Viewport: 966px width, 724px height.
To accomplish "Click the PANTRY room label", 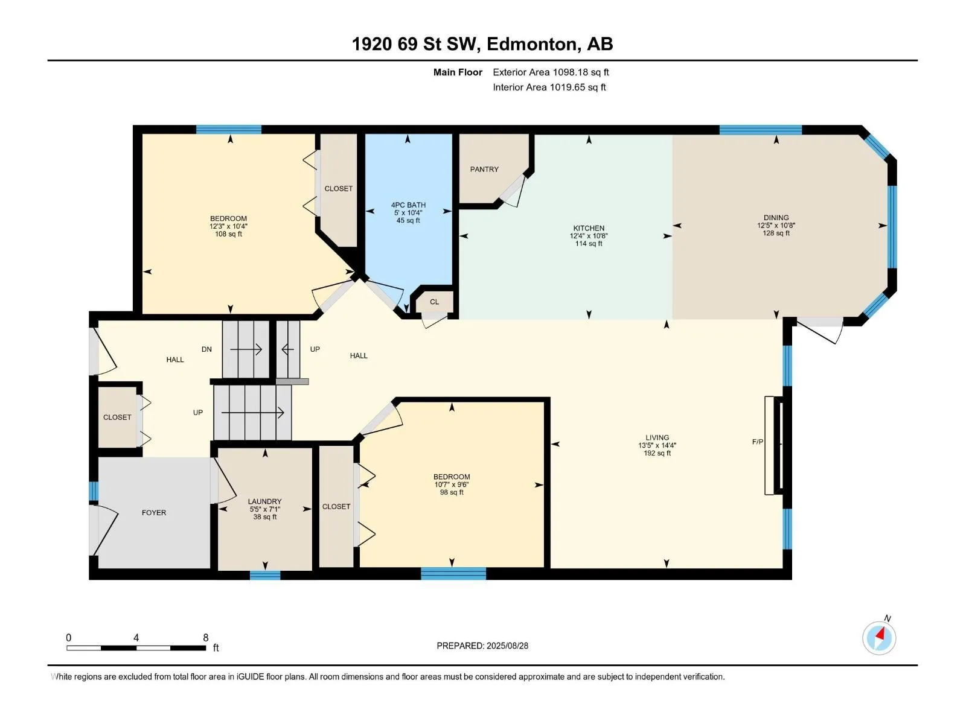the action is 484,170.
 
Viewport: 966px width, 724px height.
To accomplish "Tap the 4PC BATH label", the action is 408,205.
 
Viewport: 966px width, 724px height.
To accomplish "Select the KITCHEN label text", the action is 589,228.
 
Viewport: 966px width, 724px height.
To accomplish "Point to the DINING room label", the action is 776,218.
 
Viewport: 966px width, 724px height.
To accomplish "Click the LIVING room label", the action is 657,437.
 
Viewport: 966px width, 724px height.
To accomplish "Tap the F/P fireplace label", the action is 757,442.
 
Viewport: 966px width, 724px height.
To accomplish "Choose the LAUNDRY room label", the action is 264,501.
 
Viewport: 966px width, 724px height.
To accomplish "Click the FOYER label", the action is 153,513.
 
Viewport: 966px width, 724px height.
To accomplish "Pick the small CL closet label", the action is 434,302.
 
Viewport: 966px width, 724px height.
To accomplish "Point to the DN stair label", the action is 206,349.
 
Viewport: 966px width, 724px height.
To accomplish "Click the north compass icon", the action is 879,638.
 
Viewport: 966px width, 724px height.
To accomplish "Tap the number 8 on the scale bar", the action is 205,637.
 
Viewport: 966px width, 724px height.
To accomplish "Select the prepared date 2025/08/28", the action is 507,646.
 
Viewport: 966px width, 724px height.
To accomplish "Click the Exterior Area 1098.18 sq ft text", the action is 551,72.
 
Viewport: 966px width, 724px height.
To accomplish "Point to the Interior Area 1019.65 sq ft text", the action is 549,87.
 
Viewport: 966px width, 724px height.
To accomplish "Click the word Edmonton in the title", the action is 531,44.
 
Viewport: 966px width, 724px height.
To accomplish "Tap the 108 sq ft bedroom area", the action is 228,234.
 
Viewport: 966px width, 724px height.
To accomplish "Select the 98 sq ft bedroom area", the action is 452,492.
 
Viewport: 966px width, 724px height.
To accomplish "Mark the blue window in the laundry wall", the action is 265,575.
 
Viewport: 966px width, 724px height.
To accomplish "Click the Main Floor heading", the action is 458,72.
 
